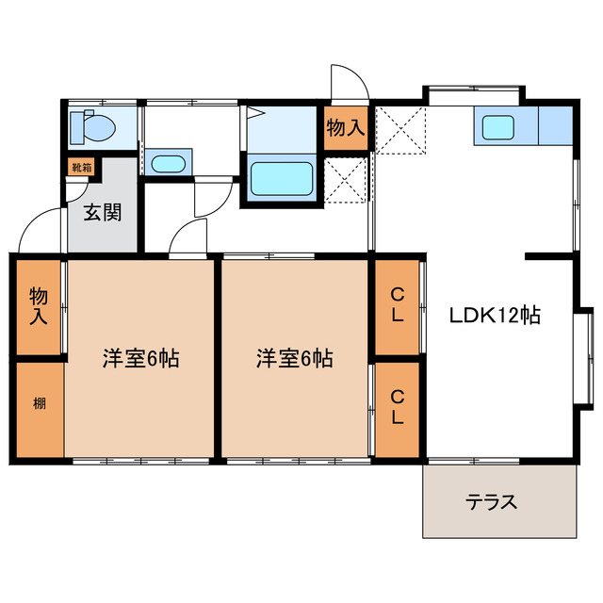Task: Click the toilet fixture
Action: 92,126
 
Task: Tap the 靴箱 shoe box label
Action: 82,168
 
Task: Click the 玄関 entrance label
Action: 103,213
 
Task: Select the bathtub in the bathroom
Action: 282,178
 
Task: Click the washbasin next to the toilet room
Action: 168,164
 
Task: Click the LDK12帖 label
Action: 496,316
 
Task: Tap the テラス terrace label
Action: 491,502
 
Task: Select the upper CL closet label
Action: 397,305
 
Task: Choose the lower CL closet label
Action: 398,407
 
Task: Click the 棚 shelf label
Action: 40,403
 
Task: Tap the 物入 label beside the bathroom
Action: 345,127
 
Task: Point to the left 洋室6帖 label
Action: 140,358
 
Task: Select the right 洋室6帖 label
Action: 295,358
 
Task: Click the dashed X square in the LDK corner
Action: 400,130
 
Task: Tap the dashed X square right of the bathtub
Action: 345,180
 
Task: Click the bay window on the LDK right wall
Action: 585,358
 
